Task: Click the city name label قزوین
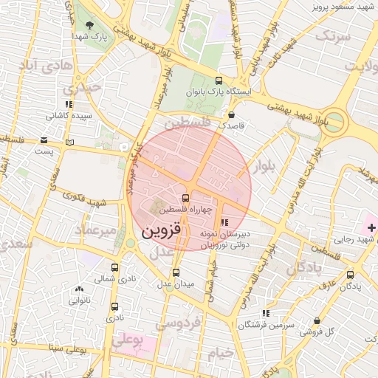click(x=159, y=232)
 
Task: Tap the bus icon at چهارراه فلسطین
click(x=185, y=199)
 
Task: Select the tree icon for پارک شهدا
click(x=89, y=24)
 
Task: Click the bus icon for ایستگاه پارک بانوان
click(x=218, y=80)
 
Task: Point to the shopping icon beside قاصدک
click(x=233, y=114)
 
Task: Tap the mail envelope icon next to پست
click(x=44, y=140)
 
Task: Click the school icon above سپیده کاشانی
click(x=69, y=105)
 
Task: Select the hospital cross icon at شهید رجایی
click(x=371, y=227)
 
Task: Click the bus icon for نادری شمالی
click(x=114, y=267)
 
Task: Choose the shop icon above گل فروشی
click(x=317, y=320)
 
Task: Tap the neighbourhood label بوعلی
click(x=127, y=341)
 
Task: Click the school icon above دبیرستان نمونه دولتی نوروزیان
click(x=224, y=221)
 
